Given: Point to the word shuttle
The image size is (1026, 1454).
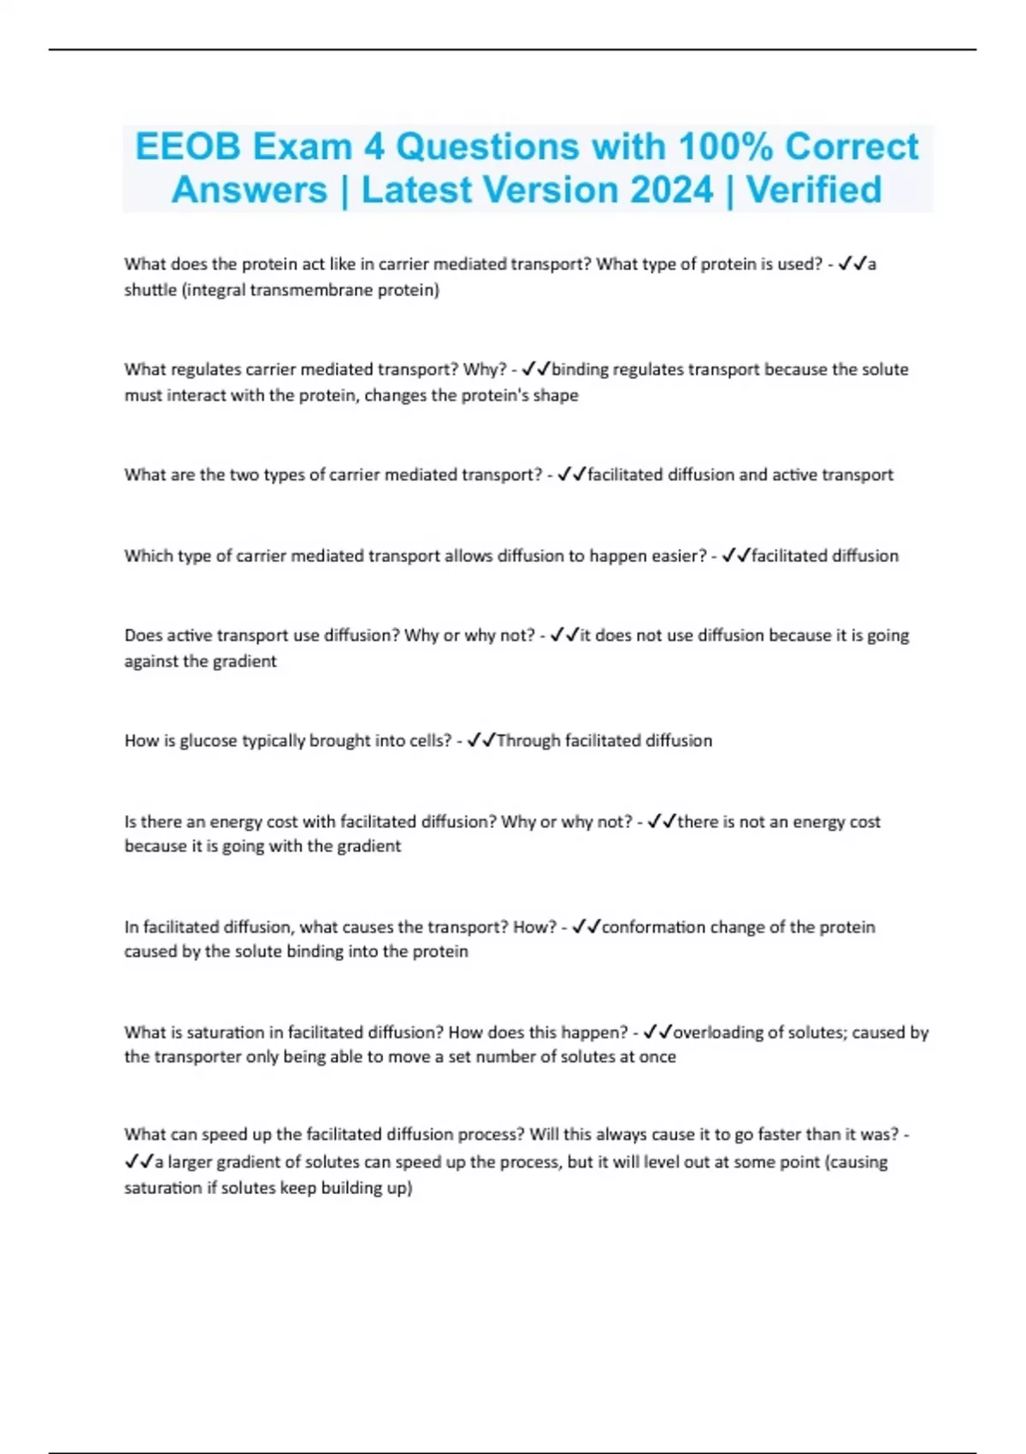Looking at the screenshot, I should pos(150,290).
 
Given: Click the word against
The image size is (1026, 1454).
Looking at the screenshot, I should pos(151,661).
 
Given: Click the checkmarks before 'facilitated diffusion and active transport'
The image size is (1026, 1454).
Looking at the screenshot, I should pos(571,475).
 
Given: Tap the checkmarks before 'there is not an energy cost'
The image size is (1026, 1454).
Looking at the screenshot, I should pos(662,822).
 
